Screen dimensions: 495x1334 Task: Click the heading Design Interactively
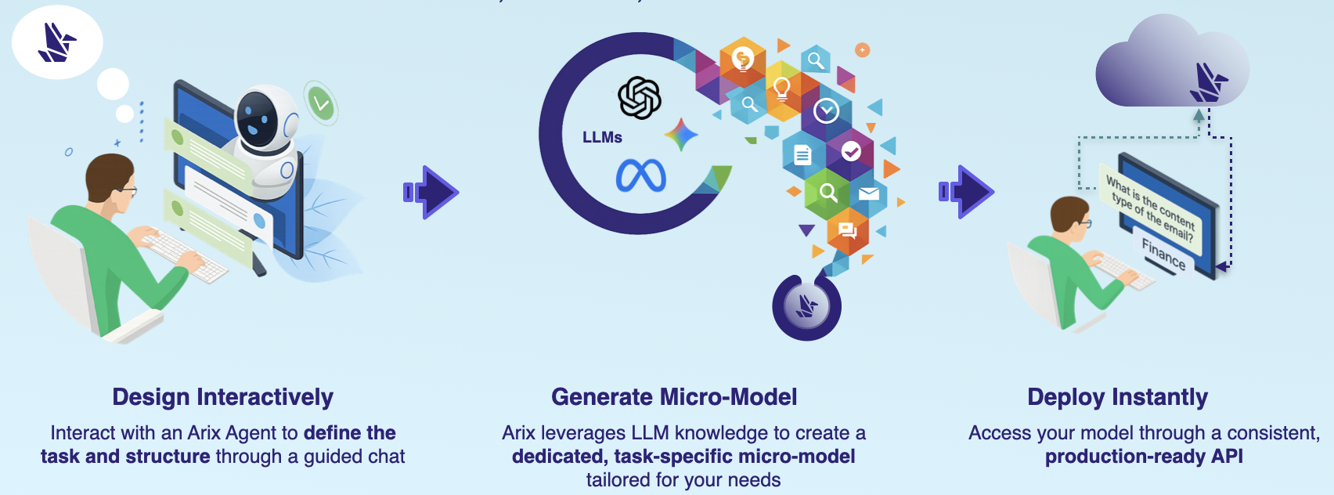pos(222,397)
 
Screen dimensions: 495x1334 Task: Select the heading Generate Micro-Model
pos(674,397)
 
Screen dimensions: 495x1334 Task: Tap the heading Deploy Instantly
pos(1117,397)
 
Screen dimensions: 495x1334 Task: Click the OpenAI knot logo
pos(640,98)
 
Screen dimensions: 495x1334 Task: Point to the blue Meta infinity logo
pos(640,175)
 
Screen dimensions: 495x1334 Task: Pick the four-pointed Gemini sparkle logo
pos(681,135)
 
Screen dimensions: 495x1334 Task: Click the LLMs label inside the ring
pos(602,138)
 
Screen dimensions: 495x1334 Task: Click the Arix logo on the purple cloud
pos(1208,83)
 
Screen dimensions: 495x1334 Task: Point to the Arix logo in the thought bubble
pos(57,42)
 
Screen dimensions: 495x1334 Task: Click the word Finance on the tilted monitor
pos(1163,254)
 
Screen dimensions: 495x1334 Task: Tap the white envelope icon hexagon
pos(868,193)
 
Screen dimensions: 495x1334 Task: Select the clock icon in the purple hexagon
pos(826,111)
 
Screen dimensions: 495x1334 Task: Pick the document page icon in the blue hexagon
pos(802,154)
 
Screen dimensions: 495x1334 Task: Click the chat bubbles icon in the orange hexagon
pos(847,229)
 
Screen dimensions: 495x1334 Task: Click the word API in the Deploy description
pos(1227,457)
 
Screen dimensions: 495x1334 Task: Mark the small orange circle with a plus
pos(862,50)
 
